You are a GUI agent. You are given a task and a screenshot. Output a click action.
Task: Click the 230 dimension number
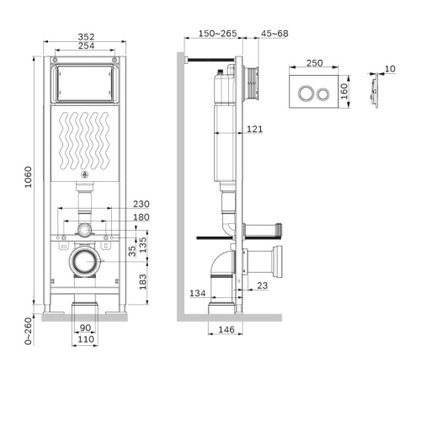pos(141,204)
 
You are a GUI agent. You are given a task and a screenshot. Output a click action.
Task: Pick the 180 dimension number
pos(141,217)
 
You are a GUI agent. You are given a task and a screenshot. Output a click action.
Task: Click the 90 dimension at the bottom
pos(84,328)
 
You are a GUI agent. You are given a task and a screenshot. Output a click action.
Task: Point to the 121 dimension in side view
pos(256,129)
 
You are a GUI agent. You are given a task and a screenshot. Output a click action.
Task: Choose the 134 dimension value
pos(196,293)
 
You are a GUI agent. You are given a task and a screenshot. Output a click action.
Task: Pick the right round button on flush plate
pos(322,92)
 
